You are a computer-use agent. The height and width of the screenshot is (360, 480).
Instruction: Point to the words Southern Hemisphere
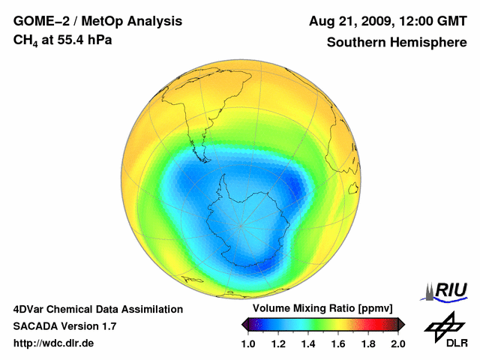(396, 42)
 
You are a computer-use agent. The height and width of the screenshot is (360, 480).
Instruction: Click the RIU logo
(447, 289)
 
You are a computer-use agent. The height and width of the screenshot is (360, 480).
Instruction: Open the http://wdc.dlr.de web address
(54, 343)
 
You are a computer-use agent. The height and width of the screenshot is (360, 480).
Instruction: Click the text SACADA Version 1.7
(64, 326)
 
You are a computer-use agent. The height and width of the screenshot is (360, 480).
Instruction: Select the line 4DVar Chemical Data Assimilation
(98, 309)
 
